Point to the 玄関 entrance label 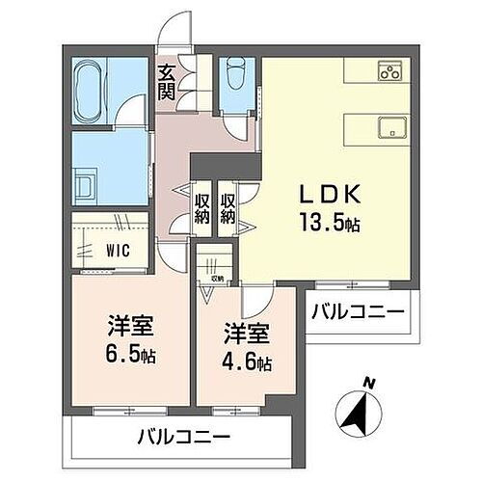[x=167, y=81]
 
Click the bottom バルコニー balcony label [x=183, y=437]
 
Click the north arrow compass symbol [x=358, y=415]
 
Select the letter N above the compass [x=367, y=383]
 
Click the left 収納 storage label [x=202, y=208]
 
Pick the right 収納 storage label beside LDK [x=228, y=208]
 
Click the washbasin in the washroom [x=83, y=182]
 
